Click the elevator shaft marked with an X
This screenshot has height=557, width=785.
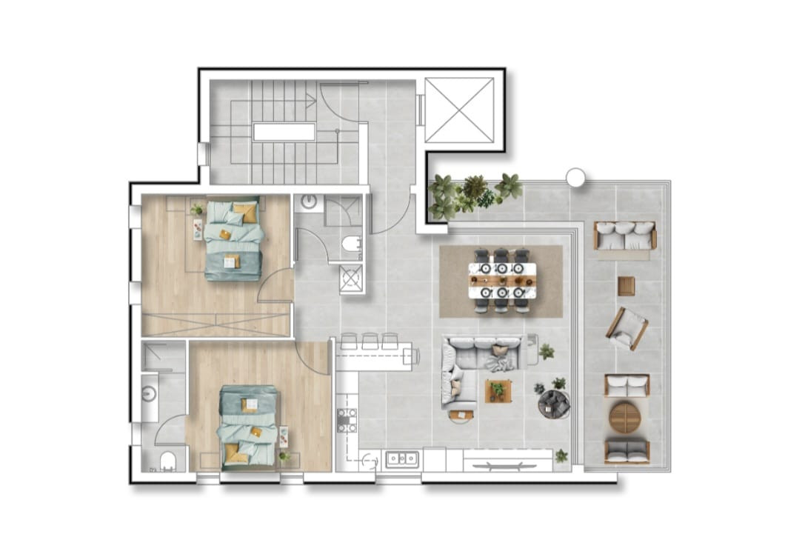tap(459, 110)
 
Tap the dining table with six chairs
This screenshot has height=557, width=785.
tap(501, 281)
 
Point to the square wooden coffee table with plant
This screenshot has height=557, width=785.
tap(498, 390)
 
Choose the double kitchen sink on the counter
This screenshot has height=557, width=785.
tap(401, 458)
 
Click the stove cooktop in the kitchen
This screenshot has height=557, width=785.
tap(347, 420)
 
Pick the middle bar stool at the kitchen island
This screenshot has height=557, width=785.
tap(370, 341)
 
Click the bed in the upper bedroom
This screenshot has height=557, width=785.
tap(233, 239)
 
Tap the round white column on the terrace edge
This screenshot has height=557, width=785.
tap(575, 177)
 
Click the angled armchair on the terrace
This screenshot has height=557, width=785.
tap(627, 328)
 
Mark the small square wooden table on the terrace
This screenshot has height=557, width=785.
tap(627, 286)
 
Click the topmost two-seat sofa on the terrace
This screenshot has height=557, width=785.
tap(624, 236)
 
